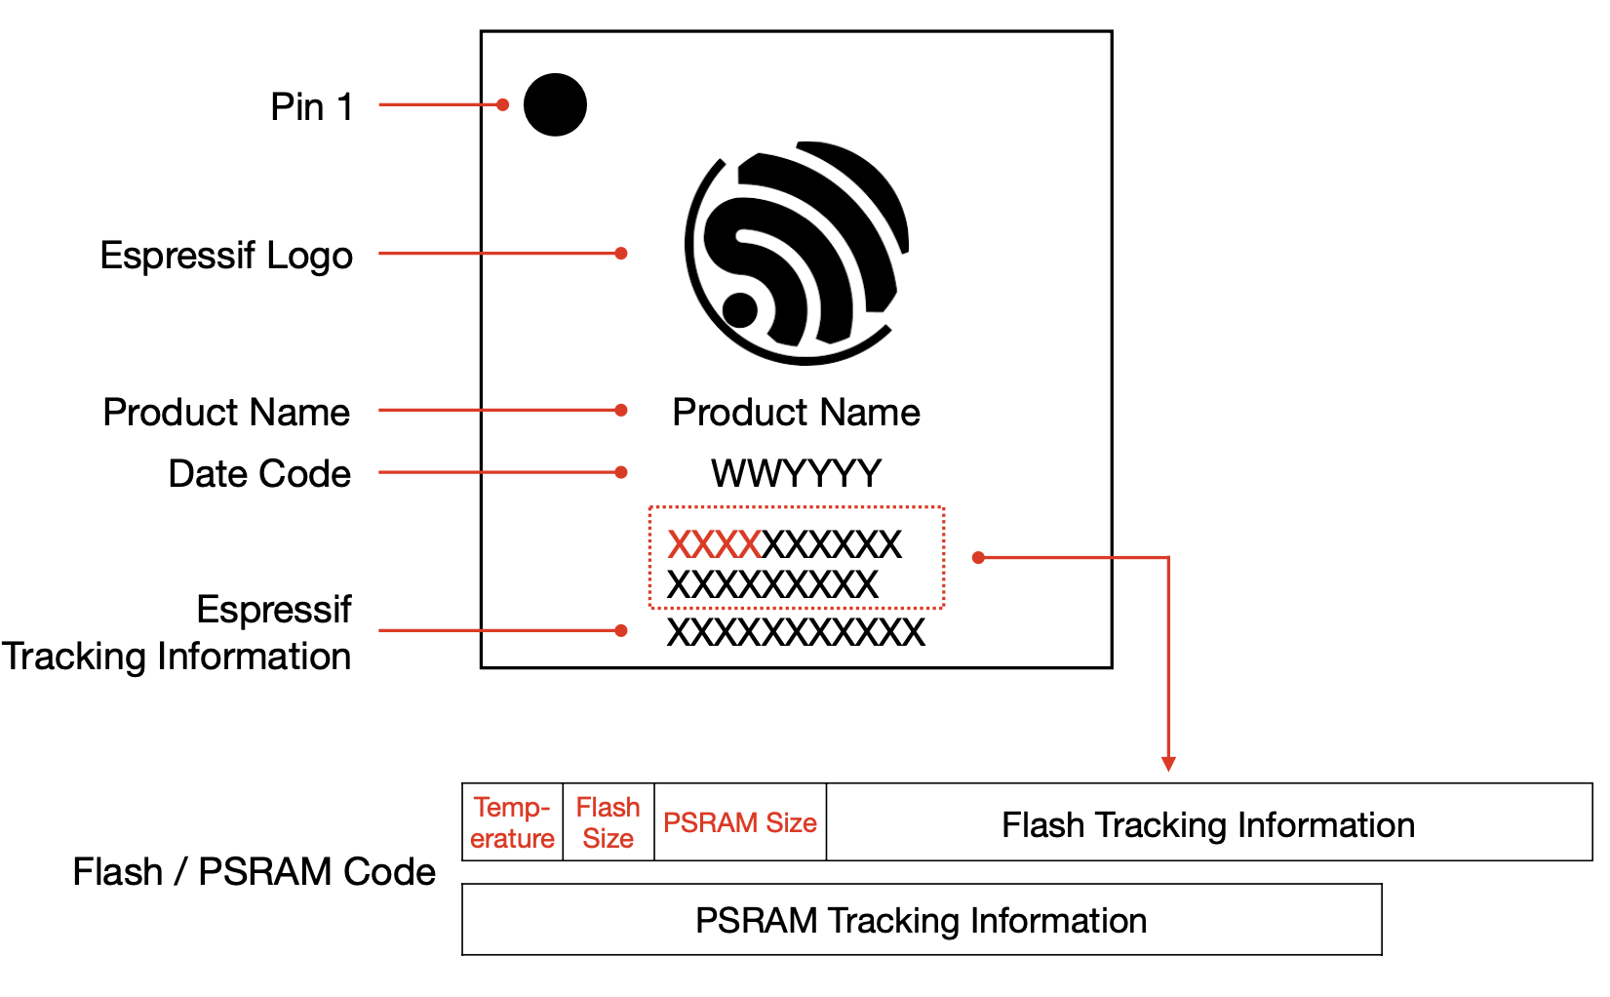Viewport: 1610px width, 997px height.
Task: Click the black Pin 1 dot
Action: pos(555,104)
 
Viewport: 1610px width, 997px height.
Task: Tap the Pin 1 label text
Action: pos(311,106)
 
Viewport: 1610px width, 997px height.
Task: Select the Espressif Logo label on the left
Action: pos(226,256)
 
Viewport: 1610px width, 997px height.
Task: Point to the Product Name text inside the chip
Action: pos(796,413)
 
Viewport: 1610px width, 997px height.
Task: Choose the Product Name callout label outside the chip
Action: pos(226,413)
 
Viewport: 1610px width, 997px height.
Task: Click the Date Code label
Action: pos(259,474)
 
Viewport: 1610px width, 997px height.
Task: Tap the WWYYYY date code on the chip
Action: pos(796,474)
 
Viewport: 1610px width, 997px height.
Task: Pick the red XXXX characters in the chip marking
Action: pos(714,544)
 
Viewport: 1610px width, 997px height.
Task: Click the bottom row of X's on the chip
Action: pos(796,632)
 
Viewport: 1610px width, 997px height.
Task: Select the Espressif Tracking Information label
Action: pos(177,632)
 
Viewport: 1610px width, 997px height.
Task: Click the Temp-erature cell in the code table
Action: pos(512,822)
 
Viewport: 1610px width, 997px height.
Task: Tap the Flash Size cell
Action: pos(608,822)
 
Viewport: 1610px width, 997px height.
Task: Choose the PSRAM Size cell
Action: pos(739,823)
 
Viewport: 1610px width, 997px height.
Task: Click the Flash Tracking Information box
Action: pos(1208,824)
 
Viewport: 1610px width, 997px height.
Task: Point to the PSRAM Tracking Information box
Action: pos(921,920)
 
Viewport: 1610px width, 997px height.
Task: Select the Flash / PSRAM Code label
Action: pos(254,871)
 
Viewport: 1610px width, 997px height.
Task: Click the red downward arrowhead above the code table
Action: pos(1168,764)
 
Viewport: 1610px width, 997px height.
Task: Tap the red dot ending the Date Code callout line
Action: pos(621,472)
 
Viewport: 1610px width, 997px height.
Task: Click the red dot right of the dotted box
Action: pos(978,557)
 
